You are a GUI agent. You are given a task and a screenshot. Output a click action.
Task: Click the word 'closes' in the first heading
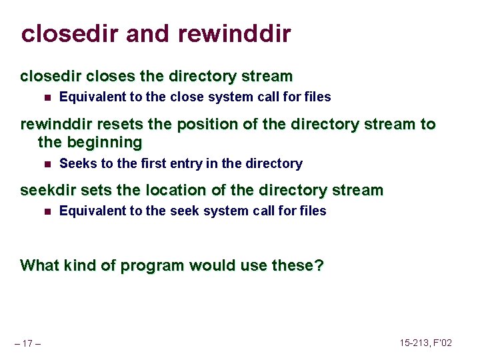[105, 76]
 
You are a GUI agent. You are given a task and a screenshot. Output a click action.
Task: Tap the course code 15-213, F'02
[425, 343]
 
